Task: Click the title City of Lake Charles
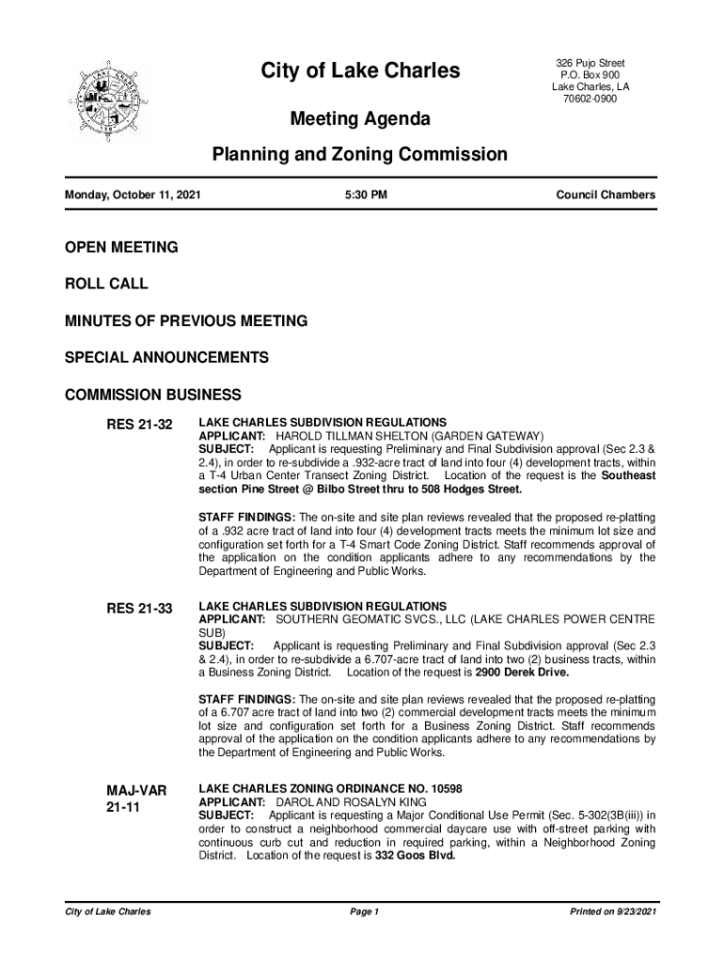(360, 70)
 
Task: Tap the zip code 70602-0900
(590, 100)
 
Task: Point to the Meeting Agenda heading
(360, 119)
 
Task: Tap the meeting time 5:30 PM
(366, 195)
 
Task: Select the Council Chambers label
(606, 195)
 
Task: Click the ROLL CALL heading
(105, 284)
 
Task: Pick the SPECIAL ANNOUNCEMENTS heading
(165, 358)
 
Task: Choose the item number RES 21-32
(139, 426)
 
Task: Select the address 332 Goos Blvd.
(415, 857)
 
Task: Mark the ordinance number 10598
(441, 789)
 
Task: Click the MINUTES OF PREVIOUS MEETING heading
(185, 321)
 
